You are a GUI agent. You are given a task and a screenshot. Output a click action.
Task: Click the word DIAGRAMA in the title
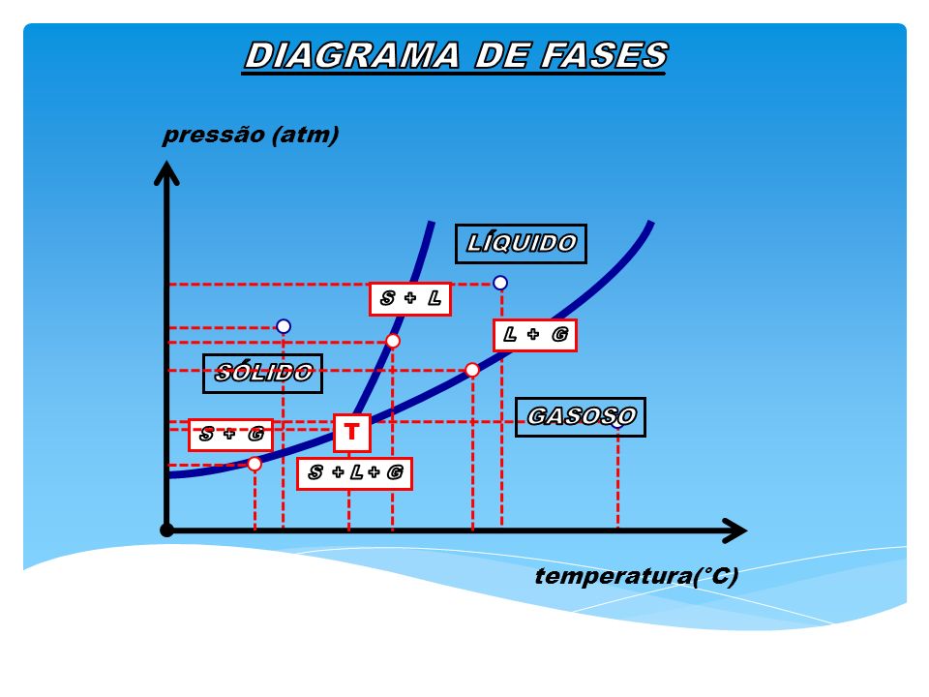click(352, 55)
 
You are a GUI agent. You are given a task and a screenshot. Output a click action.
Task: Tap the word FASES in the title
click(604, 55)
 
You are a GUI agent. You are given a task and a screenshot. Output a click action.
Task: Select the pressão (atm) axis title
click(251, 135)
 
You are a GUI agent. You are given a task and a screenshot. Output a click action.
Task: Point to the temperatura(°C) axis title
click(637, 575)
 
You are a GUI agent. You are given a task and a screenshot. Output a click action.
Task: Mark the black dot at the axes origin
click(167, 530)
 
